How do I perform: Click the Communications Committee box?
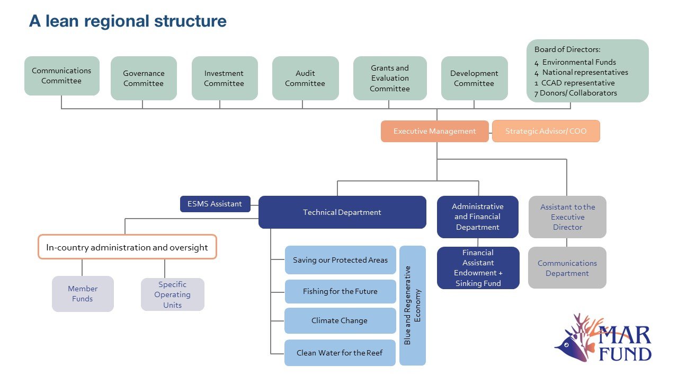pos(62,76)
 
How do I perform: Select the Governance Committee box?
pos(144,78)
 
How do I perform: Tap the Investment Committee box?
pos(225,78)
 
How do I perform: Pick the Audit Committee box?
pos(306,78)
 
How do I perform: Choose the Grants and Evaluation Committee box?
pos(390,78)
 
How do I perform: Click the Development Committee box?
pos(474,78)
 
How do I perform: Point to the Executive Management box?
pos(435,131)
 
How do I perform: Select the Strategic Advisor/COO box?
pos(546,131)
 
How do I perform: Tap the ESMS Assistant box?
pos(215,204)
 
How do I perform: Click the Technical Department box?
pos(342,212)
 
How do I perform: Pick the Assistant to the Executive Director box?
pos(567,217)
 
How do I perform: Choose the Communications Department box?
pos(567,268)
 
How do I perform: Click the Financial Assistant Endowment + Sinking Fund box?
pos(478,268)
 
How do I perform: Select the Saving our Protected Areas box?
pos(340,260)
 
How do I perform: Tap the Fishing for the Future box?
pos(340,291)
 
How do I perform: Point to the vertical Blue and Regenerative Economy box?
pos(413,306)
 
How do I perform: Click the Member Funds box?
pos(83,294)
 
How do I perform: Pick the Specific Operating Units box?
pos(173,294)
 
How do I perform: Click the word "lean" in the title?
pos(62,21)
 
